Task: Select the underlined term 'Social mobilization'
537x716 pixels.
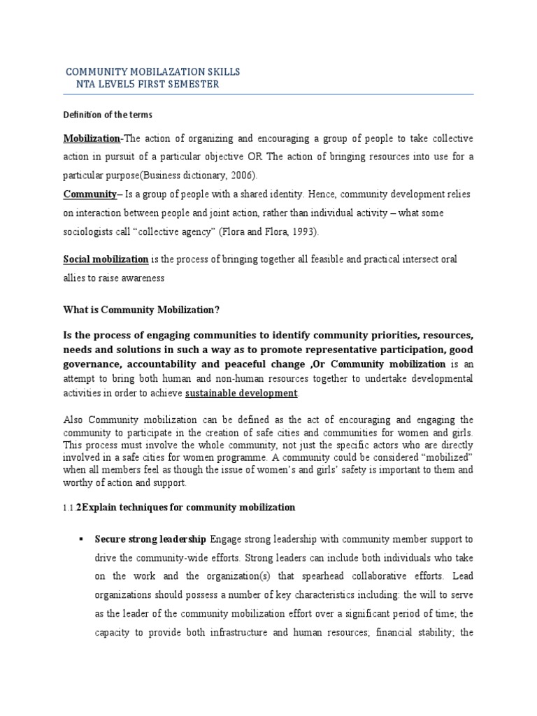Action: [x=106, y=259]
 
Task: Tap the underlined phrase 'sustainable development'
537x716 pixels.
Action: [x=241, y=393]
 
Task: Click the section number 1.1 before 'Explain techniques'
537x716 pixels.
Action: [x=69, y=507]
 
